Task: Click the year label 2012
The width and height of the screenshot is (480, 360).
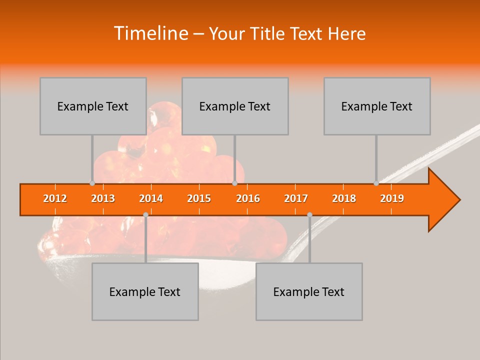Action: [55, 199]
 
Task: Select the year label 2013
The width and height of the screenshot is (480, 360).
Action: [103, 199]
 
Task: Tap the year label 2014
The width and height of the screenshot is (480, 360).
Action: [151, 199]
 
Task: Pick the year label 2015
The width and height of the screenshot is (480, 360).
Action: [199, 199]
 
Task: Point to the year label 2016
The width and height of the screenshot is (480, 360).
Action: [248, 199]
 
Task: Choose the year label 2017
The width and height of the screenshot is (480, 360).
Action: [296, 199]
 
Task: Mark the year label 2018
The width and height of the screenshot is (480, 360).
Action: [344, 199]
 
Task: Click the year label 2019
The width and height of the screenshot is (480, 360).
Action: [392, 199]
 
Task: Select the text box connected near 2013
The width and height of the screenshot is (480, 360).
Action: [93, 106]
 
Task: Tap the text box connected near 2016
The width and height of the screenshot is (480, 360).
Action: [235, 106]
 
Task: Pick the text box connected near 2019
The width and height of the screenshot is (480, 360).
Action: [377, 106]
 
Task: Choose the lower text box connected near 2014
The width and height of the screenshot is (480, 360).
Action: [145, 291]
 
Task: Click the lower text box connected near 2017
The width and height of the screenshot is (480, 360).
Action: [309, 291]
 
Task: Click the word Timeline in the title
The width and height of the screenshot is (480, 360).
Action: [150, 33]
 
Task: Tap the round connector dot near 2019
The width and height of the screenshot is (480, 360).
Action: [376, 183]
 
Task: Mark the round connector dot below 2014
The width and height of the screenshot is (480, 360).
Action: [145, 214]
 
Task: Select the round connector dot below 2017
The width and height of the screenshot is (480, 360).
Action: [309, 214]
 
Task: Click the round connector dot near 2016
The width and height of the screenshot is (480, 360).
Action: [234, 183]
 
